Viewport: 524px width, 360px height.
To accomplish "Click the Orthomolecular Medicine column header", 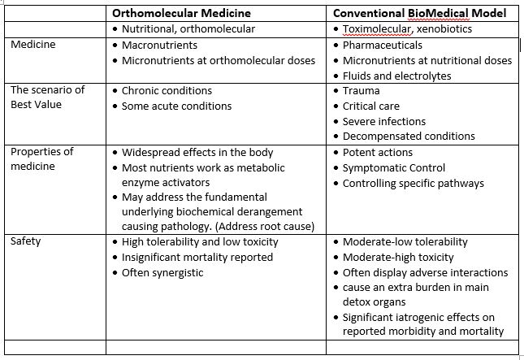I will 181,13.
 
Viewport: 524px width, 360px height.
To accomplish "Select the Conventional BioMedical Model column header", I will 420,13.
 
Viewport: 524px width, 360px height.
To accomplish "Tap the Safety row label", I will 25,241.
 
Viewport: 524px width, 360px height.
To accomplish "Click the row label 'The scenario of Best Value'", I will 47,98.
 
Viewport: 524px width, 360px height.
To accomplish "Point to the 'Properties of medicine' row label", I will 41,159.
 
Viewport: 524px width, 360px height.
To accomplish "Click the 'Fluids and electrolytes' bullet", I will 396,76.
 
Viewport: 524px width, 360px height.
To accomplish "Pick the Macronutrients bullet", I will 159,45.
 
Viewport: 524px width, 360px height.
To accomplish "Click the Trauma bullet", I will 361,91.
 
